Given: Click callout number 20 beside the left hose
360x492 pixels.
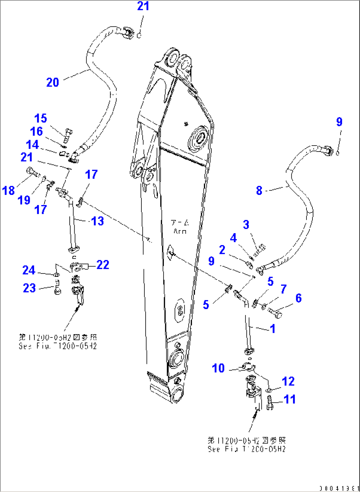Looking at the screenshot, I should (53, 82).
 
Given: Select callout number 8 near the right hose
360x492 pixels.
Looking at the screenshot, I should (259, 191).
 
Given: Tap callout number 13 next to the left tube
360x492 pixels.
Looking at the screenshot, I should (97, 221).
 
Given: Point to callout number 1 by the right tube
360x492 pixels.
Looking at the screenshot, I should (273, 329).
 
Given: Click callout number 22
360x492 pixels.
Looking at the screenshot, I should (103, 265).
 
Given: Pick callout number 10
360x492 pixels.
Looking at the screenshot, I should (218, 368).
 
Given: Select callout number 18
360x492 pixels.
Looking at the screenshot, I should (9, 191).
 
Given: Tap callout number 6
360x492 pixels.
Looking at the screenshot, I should (299, 298).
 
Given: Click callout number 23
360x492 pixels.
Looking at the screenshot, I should (29, 288).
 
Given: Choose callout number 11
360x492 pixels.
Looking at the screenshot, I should (290, 399).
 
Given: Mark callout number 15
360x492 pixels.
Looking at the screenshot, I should (41, 118).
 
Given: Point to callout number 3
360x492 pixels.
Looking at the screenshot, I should (246, 225).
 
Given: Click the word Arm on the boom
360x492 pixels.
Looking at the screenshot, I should (180, 231).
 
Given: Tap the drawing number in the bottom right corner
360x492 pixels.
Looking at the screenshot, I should (339, 488).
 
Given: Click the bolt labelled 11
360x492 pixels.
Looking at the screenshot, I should (270, 403).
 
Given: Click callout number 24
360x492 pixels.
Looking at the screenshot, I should (29, 270).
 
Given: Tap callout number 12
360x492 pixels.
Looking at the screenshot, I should (288, 381).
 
